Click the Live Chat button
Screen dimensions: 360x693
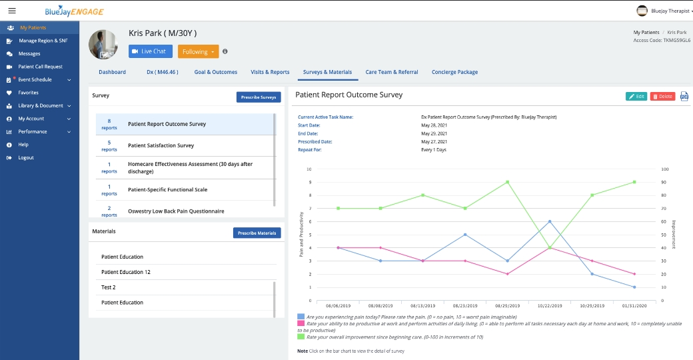point(150,51)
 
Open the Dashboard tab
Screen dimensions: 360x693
point(112,72)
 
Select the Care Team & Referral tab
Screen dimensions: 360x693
point(392,72)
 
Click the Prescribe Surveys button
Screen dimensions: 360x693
point(259,97)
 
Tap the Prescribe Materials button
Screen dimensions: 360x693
point(257,233)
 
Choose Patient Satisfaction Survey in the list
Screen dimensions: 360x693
point(161,145)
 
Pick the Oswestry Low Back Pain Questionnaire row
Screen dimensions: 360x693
point(176,211)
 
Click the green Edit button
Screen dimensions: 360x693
point(636,97)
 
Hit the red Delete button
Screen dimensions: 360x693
point(662,97)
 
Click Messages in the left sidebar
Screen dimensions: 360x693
point(29,53)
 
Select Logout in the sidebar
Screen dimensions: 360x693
point(26,157)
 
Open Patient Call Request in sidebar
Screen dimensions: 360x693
point(40,67)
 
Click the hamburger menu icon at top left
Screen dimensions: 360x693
point(12,11)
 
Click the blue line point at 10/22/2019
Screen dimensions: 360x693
point(550,221)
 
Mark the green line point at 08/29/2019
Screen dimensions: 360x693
point(507,182)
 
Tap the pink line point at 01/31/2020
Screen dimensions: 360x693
point(634,274)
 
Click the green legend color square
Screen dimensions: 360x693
point(301,337)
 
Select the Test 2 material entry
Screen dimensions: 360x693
point(109,287)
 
